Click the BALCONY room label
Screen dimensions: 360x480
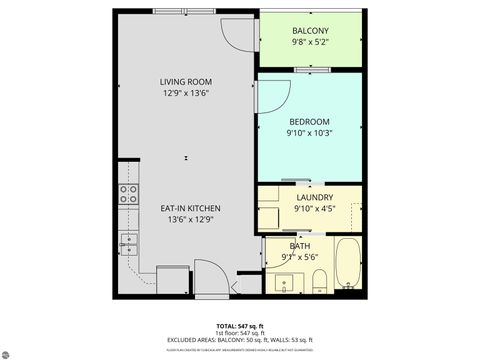tap(310, 31)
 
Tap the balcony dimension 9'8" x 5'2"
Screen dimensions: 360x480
tap(310, 42)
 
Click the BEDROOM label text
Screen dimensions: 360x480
tap(309, 122)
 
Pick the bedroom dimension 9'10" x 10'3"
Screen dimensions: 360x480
tap(309, 133)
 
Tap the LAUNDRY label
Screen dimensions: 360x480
tap(313, 198)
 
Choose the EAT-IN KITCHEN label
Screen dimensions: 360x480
tap(190, 208)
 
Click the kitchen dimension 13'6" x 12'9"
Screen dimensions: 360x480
tap(190, 219)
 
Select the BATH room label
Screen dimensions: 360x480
tap(300, 246)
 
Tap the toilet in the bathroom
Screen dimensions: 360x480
tap(317, 279)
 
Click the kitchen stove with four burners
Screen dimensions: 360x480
tap(128, 194)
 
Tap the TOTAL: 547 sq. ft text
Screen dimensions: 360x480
tap(240, 326)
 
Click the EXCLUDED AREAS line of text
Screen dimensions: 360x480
tap(240, 340)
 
